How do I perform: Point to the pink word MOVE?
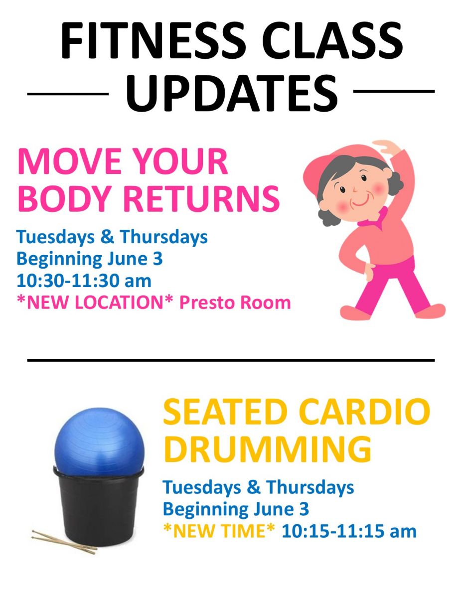pyautogui.click(x=70, y=161)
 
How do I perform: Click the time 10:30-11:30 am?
pyautogui.click(x=84, y=281)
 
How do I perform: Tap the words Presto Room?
pyautogui.click(x=235, y=302)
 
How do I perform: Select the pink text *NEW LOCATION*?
pyautogui.click(x=95, y=302)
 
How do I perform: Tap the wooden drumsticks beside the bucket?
pyautogui.click(x=64, y=542)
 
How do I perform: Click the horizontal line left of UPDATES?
pyautogui.click(x=68, y=94)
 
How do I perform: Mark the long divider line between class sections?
pyautogui.click(x=231, y=360)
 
